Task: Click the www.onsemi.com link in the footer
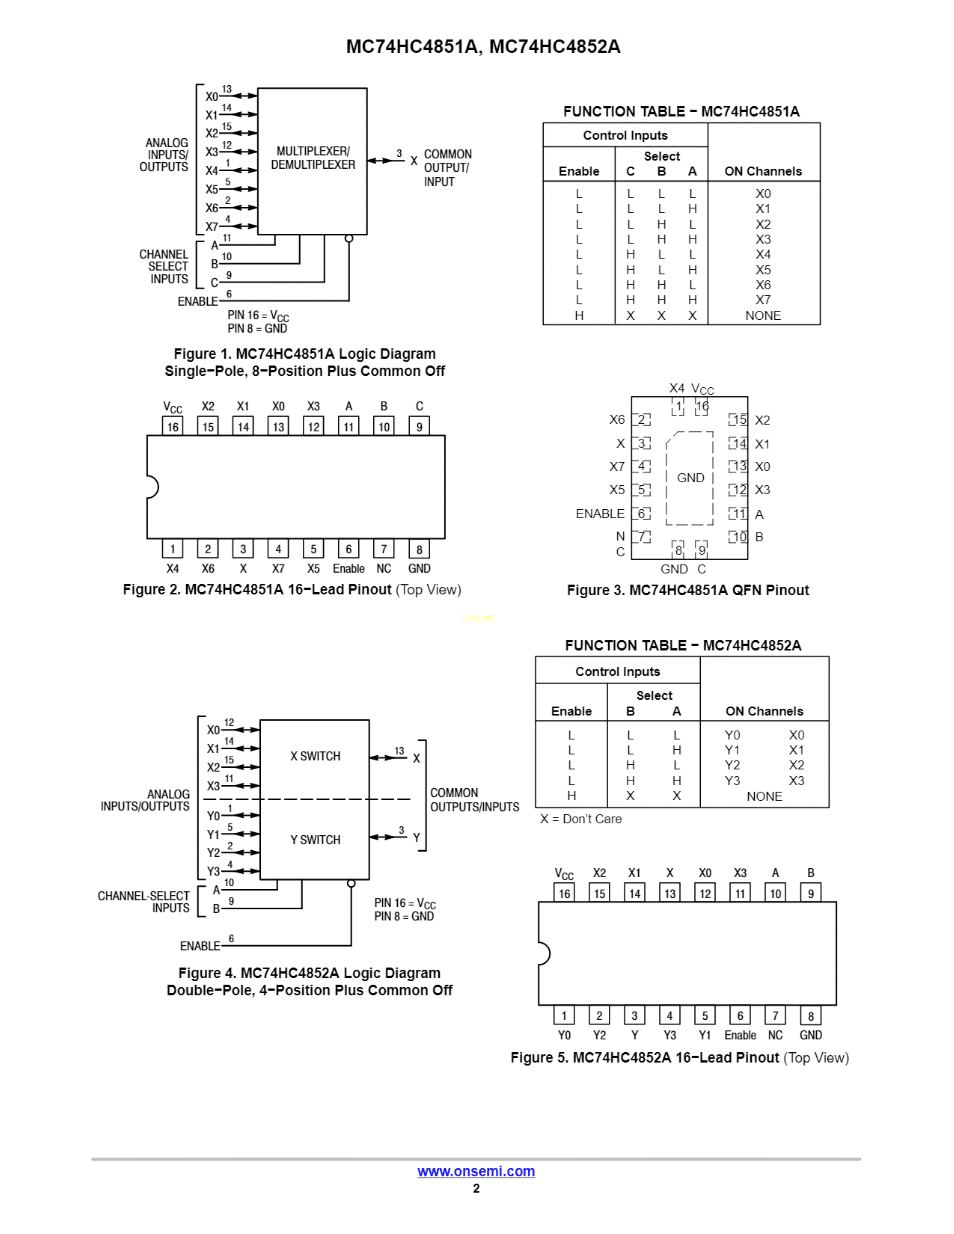476,1171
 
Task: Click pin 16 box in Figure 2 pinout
172,427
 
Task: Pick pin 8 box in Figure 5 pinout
810,1016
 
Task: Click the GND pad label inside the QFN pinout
690,478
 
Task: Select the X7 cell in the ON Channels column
763,300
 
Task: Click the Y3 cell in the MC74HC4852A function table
732,780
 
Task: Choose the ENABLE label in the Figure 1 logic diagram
198,301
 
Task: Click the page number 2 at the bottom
476,1188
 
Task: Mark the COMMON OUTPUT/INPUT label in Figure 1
447,168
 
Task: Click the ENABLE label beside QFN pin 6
600,513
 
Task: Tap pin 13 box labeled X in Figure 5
670,893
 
